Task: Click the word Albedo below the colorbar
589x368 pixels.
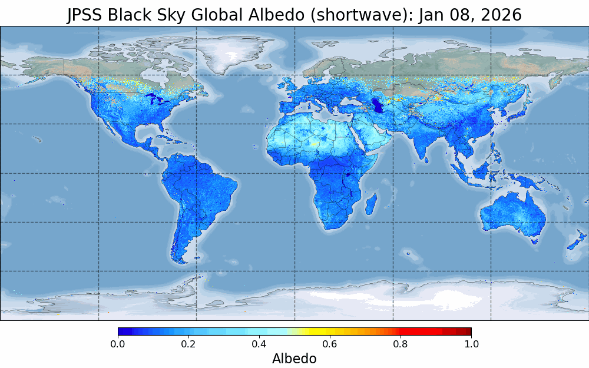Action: click(x=294, y=359)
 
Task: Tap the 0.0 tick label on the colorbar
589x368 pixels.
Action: click(x=118, y=344)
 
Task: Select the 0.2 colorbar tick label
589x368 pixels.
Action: click(x=188, y=344)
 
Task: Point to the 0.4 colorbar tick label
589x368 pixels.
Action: click(x=259, y=344)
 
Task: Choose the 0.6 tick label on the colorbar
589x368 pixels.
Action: click(x=330, y=344)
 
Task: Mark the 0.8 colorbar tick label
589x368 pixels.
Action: click(x=401, y=344)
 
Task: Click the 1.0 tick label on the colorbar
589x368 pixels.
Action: click(x=471, y=344)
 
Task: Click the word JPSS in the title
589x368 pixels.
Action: click(x=85, y=15)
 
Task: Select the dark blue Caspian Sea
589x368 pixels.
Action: click(x=378, y=105)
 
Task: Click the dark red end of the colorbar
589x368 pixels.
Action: click(x=466, y=331)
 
